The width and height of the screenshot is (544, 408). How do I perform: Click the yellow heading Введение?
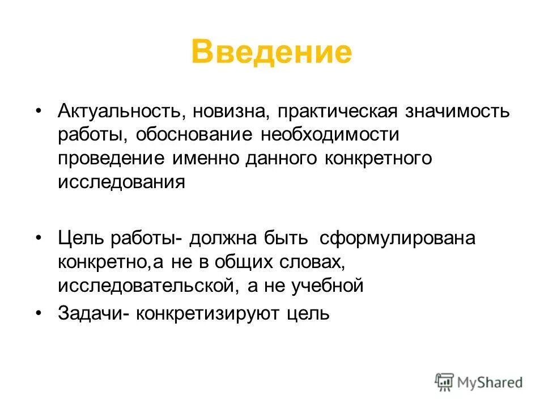271,52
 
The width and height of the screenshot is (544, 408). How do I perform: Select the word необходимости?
329,135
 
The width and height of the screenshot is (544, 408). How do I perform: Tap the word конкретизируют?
205,313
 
